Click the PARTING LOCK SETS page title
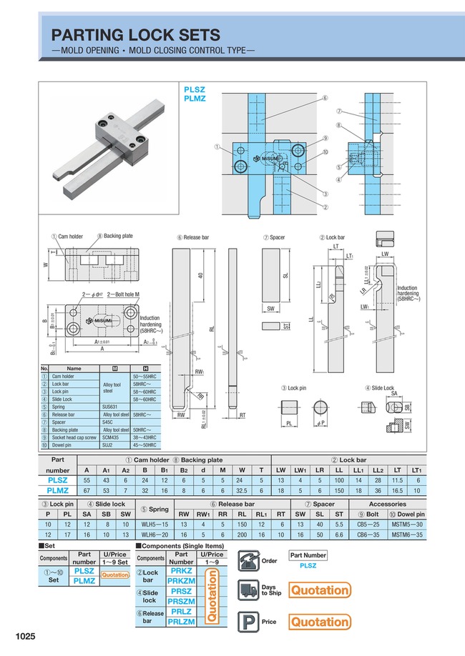point(135,35)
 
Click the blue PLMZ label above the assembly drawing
point(195,99)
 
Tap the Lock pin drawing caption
point(293,388)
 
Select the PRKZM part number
point(181,582)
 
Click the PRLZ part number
point(181,612)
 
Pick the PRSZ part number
point(181,592)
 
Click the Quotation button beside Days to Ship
point(320,590)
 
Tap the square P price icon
point(248,622)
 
